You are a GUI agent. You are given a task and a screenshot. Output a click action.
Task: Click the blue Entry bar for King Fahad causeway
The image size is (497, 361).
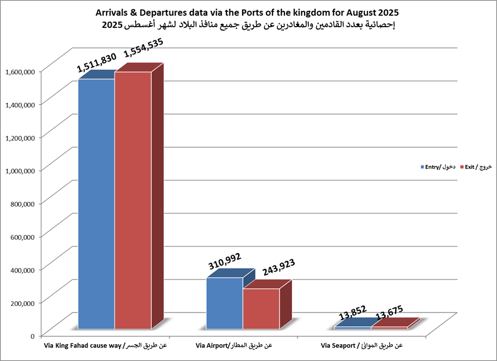pyautogui.click(x=96, y=204)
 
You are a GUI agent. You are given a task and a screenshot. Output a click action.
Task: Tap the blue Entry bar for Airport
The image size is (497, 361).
pyautogui.click(x=225, y=303)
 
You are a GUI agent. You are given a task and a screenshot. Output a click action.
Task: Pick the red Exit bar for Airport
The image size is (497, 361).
pyautogui.click(x=261, y=309)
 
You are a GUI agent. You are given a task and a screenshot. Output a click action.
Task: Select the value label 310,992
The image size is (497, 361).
pyautogui.click(x=225, y=264)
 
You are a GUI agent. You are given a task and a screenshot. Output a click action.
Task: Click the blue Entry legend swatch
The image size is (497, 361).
pyautogui.click(x=422, y=167)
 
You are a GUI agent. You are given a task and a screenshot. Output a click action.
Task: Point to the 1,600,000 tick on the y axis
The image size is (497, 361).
pyautogui.click(x=20, y=71)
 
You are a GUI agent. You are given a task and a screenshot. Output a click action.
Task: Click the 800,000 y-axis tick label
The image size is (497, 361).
pyautogui.click(x=23, y=203)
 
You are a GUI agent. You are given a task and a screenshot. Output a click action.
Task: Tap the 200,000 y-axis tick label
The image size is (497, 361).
pyautogui.click(x=23, y=302)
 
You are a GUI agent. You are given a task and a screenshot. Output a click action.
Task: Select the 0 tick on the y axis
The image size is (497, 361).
pyautogui.click(x=33, y=335)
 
